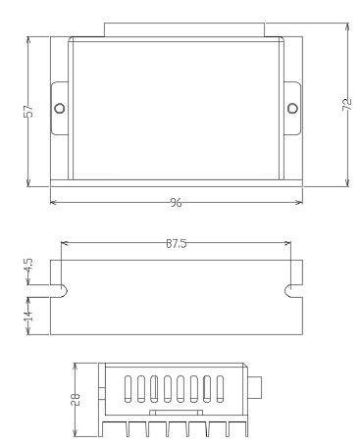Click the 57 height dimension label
tap(28, 112)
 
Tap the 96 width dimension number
tap(177, 202)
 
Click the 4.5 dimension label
tap(28, 267)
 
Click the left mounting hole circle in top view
tap(59, 107)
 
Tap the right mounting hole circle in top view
tap(292, 107)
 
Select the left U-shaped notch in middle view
tap(58, 290)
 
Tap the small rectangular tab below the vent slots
tap(176, 415)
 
